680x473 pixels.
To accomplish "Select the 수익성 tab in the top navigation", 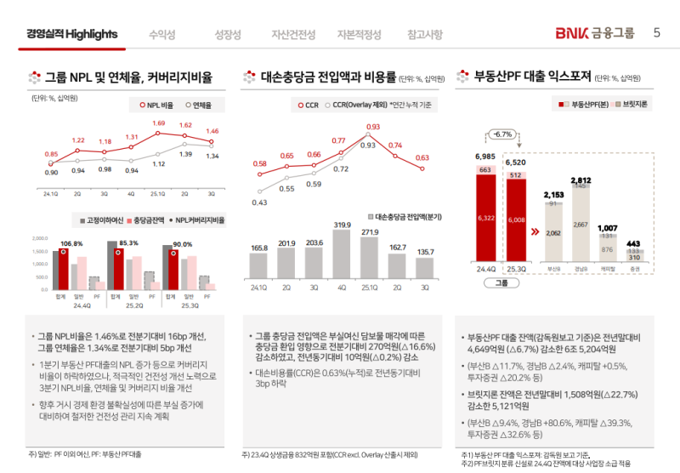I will point(161,35).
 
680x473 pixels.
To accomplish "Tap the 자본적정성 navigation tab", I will point(359,35).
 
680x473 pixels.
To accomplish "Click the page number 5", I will point(656,34).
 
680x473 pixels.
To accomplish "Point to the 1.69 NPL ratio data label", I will point(159,123).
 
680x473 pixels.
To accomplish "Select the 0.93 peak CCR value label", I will point(372,127).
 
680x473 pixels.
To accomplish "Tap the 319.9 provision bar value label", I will point(343,225).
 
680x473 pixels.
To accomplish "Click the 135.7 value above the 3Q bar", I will point(425,252).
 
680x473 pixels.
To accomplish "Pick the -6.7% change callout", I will point(502,134).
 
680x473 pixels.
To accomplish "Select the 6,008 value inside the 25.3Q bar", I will point(516,219).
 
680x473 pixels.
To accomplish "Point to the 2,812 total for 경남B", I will point(581,181).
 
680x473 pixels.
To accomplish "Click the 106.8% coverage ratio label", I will point(71,244).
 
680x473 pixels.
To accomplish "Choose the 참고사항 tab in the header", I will point(425,35).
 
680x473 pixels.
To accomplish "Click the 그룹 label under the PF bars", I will point(501,282).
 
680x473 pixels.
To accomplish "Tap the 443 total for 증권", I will point(634,244).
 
